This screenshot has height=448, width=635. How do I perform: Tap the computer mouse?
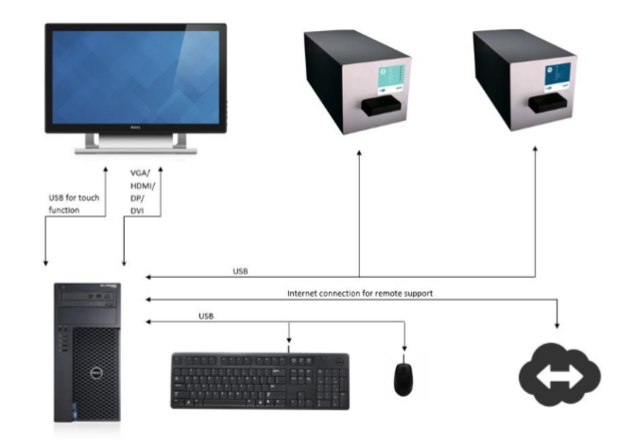(x=403, y=377)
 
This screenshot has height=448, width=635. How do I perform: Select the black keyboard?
(x=260, y=380)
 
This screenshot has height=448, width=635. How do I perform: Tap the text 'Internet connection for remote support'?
(x=360, y=294)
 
